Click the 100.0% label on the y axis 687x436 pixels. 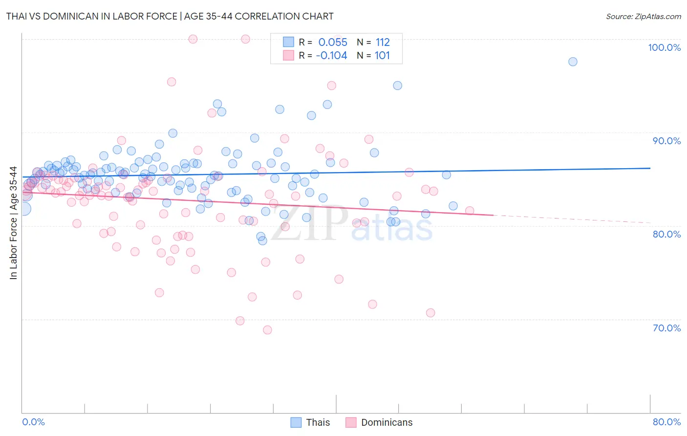click(664, 47)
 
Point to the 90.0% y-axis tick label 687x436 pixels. click(666, 141)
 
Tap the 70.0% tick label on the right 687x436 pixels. click(666, 328)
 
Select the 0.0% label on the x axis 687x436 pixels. click(33, 422)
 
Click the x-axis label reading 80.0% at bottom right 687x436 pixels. click(666, 422)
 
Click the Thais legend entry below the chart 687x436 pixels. click(318, 422)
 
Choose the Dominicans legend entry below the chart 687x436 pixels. click(386, 422)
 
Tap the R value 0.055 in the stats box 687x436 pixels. click(333, 43)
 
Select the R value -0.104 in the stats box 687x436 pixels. click(331, 56)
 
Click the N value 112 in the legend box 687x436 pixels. click(383, 43)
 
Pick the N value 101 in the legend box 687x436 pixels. click(382, 56)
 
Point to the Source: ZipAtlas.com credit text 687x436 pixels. click(643, 17)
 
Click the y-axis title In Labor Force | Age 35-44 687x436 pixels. click(14, 223)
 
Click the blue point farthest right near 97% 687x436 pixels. click(573, 62)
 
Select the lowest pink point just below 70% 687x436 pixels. click(267, 330)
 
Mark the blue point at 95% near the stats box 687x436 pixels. click(398, 86)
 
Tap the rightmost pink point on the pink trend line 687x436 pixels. click(470, 211)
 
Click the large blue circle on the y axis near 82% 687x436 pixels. click(23, 209)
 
